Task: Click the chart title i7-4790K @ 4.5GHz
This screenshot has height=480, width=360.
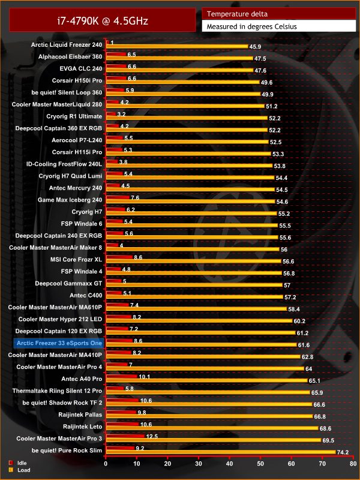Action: (x=99, y=22)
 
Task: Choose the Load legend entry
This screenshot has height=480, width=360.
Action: (x=20, y=470)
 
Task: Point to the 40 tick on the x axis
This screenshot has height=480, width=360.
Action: (x=230, y=463)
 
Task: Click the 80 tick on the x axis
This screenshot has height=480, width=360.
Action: (x=353, y=463)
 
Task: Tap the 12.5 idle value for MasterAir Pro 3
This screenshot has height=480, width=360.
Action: (x=152, y=436)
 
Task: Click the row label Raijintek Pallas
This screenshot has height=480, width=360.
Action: (x=79, y=414)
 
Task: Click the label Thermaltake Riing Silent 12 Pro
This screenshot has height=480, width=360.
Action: (x=58, y=391)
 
